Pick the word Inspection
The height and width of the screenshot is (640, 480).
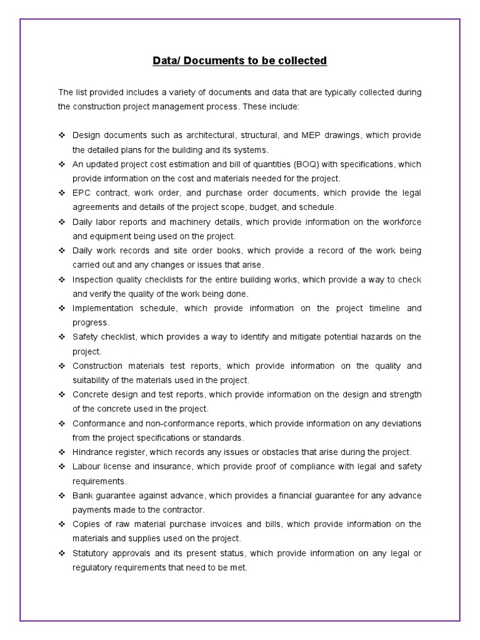point(92,279)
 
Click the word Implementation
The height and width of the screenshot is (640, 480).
point(103,308)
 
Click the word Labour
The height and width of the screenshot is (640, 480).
point(86,466)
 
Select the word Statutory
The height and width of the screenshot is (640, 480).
point(91,552)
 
